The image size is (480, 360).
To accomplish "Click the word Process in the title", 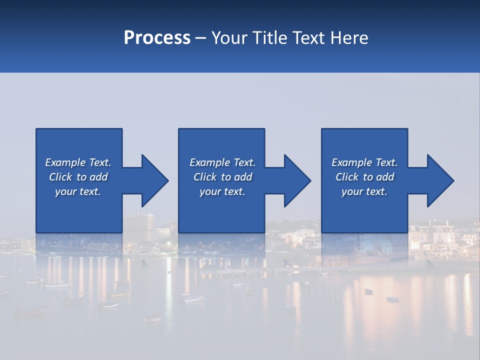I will [157, 38].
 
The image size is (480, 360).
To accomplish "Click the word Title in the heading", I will [268, 38].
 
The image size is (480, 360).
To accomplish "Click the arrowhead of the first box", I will [153, 180].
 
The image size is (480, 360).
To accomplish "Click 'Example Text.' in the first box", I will [78, 162].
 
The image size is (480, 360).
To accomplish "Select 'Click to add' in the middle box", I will [222, 177].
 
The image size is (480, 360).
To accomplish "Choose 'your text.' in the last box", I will [364, 191].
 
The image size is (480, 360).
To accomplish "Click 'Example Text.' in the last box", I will [364, 162].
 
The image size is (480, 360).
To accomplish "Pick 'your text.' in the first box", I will [78, 191].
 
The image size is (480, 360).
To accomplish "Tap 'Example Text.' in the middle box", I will [222, 162].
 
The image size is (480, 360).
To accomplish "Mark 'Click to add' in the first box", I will [78, 177].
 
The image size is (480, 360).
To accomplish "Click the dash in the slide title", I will [201, 38].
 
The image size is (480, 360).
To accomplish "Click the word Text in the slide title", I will [306, 38].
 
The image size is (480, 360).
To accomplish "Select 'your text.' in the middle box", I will [222, 191].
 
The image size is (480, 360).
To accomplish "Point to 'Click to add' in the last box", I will [364, 177].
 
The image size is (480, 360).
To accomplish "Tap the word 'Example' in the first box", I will [65, 162].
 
